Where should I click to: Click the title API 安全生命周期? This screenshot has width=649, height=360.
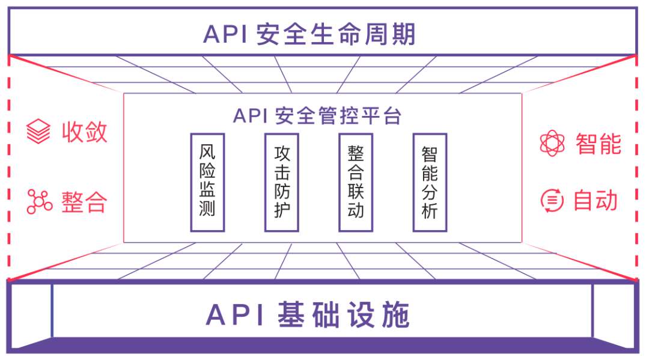coord(309,34)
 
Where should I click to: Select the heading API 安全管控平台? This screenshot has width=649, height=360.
coord(317,115)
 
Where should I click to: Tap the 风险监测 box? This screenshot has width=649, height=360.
coord(207,182)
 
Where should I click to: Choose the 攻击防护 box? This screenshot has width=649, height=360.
coord(281,182)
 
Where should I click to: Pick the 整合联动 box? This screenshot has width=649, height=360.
coord(356,182)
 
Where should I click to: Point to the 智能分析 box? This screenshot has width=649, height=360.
coord(430,182)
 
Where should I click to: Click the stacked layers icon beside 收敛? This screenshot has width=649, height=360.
coord(38,132)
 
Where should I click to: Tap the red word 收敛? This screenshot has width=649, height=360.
coord(85,132)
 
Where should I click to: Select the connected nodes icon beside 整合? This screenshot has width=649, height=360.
coord(39,201)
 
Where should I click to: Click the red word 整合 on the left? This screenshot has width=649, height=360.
coord(84,202)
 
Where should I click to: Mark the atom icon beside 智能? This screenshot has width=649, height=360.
coord(552,144)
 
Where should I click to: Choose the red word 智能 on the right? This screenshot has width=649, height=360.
coord(598,144)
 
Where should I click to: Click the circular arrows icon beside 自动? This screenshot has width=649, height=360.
coord(552,200)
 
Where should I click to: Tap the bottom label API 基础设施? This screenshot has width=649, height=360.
coord(308,314)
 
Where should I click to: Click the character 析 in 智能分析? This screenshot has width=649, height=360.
coord(430,211)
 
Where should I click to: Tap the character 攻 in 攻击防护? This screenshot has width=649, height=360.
coord(281,153)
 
